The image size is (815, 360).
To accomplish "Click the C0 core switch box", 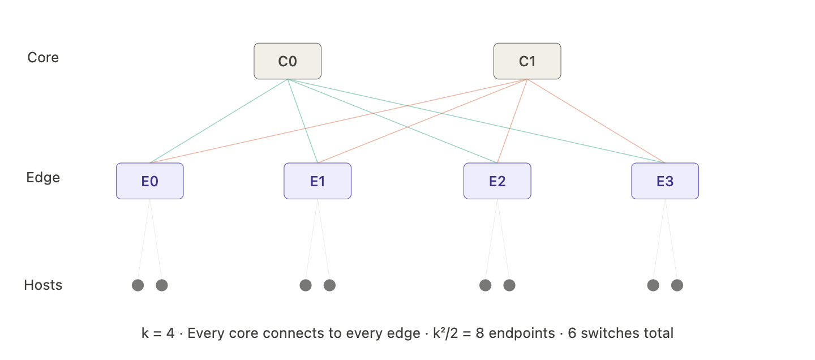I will tap(288, 61).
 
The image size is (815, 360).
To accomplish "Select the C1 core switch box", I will tap(527, 61).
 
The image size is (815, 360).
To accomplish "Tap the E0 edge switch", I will tap(149, 181).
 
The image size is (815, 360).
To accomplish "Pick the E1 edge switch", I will tap(317, 181).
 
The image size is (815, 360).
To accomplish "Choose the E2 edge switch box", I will tap(497, 181).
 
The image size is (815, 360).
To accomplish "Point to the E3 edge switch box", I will tap(665, 181).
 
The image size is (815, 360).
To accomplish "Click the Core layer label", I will tap(43, 58).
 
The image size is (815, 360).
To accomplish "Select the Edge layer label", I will tap(43, 178).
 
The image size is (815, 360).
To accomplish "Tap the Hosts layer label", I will tap(43, 285).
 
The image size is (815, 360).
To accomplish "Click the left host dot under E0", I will tap(138, 285).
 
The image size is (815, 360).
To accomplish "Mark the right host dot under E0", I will tap(162, 285).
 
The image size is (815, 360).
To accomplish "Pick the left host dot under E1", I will tap(306, 285).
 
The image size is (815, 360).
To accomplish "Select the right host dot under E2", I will tap(509, 285).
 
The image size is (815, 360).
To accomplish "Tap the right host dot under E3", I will tap(677, 285).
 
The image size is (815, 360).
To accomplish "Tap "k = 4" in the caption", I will tap(158, 333).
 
